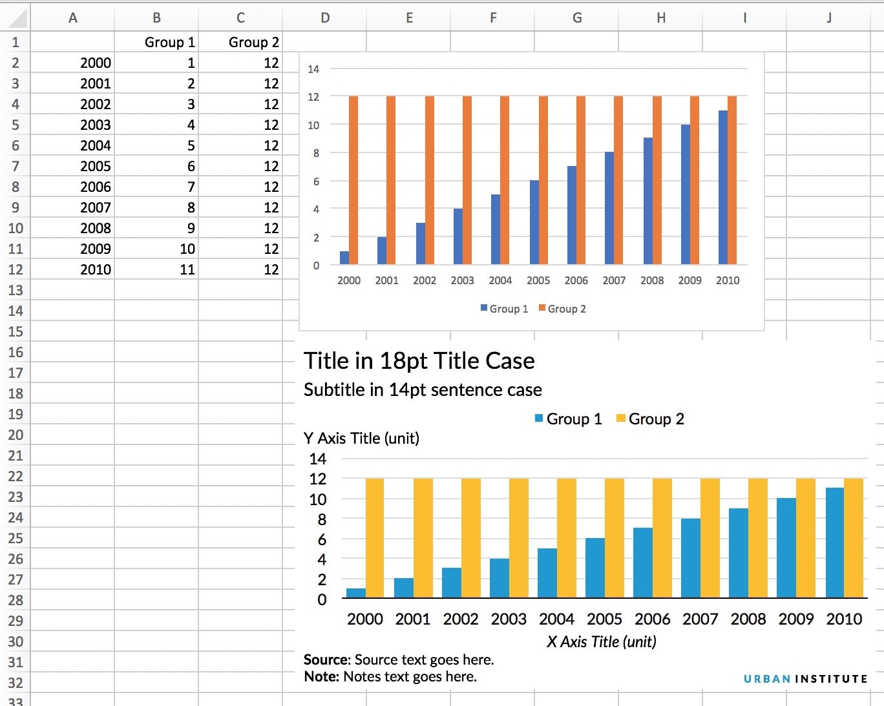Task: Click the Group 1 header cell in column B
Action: (x=169, y=42)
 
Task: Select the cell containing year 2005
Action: (x=96, y=166)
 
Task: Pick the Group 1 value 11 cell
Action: (x=187, y=269)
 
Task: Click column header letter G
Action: (x=576, y=17)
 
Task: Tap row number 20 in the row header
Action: (x=16, y=435)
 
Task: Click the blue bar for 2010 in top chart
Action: (x=723, y=187)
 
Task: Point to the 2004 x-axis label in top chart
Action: (x=500, y=280)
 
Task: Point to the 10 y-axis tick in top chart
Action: (x=313, y=125)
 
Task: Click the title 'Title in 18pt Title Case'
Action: (x=419, y=360)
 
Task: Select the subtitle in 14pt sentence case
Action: (x=423, y=389)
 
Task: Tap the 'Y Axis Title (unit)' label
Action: (x=361, y=438)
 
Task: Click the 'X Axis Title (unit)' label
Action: (x=601, y=641)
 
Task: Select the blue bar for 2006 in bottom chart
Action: (x=643, y=563)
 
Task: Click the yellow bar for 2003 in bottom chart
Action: (x=519, y=537)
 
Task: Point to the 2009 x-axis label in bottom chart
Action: (x=795, y=619)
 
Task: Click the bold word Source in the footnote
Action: (x=326, y=659)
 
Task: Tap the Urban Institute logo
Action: (x=805, y=679)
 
